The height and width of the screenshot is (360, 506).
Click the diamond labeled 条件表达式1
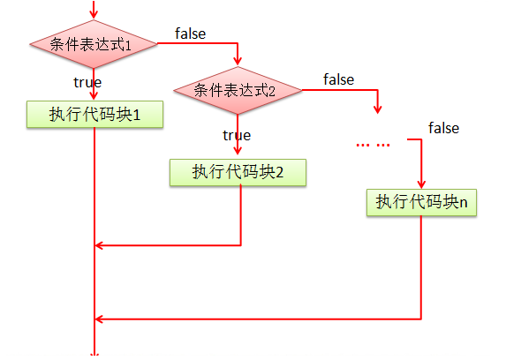click(x=94, y=44)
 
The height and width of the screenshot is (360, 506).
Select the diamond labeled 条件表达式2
click(x=238, y=90)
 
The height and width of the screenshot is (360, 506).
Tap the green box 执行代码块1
click(x=94, y=115)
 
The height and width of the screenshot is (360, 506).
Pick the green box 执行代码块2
click(x=238, y=172)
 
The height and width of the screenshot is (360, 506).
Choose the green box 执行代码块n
click(x=421, y=202)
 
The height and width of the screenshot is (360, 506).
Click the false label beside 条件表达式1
click(x=191, y=34)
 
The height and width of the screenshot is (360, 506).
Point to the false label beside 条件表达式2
click(x=339, y=79)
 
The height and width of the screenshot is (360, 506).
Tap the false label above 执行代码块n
click(x=443, y=128)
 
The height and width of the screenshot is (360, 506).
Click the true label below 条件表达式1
click(x=87, y=82)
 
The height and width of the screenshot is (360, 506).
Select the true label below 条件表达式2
click(x=237, y=135)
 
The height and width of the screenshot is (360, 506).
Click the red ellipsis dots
click(x=373, y=146)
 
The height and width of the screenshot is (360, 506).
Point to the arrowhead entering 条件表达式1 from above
click(x=94, y=15)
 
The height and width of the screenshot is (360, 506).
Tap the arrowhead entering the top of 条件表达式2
click(x=238, y=61)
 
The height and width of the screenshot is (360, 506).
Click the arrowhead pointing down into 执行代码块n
click(x=421, y=184)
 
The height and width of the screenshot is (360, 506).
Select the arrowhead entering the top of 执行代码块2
click(x=238, y=150)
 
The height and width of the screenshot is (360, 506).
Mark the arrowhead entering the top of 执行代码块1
click(x=94, y=95)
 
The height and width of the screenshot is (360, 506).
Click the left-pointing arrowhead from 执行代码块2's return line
click(x=99, y=245)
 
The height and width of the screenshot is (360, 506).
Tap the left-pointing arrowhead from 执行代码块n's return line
click(x=99, y=319)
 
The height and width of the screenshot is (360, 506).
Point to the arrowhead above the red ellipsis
click(x=378, y=109)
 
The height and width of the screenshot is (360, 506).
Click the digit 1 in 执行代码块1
click(x=137, y=116)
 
